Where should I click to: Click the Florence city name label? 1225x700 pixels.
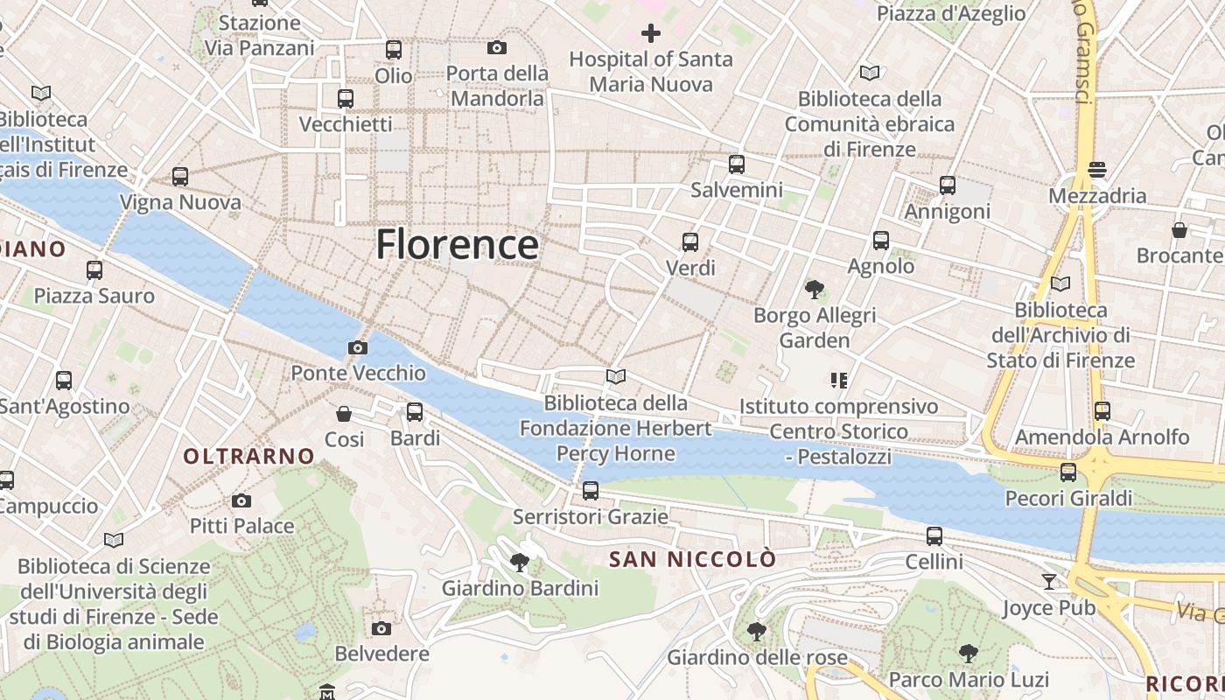coord(457,244)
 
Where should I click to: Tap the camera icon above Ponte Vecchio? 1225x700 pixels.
coord(357,347)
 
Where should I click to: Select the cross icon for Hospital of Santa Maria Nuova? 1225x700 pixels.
coord(651,33)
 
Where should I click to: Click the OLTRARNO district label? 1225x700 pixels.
coord(248,456)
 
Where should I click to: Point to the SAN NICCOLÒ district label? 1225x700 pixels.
coord(692,559)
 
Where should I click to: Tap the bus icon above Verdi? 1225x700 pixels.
coord(690,241)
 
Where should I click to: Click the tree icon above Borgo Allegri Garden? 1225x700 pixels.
coord(815,289)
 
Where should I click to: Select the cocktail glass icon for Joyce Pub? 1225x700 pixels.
coord(1049,581)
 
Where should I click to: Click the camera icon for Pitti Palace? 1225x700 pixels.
coord(241,500)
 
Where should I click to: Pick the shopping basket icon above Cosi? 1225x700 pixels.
coord(344,413)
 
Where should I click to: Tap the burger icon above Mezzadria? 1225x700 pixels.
coord(1097,169)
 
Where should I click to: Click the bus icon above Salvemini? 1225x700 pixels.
coord(737,164)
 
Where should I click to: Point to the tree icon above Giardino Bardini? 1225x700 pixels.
coord(520,562)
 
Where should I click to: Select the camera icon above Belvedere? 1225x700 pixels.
coord(381,628)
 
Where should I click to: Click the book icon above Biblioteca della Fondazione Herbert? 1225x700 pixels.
coord(616,376)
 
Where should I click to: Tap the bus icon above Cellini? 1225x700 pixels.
coord(934,535)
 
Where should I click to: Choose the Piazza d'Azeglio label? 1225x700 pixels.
coord(951,13)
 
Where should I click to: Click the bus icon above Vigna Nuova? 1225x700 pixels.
coord(180,177)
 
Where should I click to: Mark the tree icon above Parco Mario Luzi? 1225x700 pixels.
coord(968,653)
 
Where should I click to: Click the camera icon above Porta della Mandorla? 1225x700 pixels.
coord(497,47)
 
